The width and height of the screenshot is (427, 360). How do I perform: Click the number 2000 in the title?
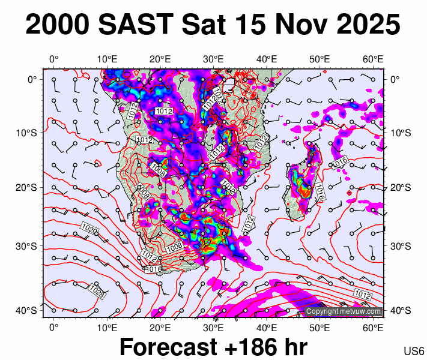point(58,25)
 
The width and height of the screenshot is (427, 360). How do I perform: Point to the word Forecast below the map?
point(167,347)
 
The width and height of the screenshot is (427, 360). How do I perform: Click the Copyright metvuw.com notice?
point(344,311)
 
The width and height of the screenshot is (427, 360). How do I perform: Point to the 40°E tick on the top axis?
point(267,59)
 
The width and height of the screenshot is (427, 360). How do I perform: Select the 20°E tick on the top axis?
point(160,59)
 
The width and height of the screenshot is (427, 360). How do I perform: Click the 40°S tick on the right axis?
point(399,310)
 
